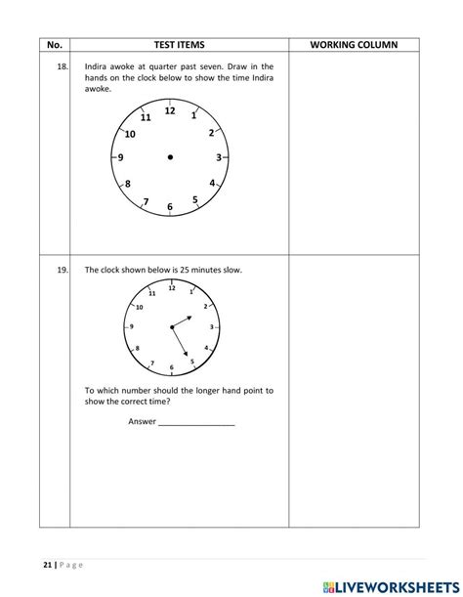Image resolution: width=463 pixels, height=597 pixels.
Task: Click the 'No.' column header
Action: tap(54, 45)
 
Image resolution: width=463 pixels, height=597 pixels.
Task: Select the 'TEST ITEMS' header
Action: tap(179, 45)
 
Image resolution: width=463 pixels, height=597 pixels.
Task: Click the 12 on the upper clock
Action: tap(170, 111)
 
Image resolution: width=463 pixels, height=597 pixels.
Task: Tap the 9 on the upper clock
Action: tap(120, 157)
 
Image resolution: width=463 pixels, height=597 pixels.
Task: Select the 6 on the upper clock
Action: tap(170, 206)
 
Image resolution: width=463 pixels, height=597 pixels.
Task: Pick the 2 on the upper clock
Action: tap(211, 133)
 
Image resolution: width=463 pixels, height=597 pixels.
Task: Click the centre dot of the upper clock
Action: tap(170, 157)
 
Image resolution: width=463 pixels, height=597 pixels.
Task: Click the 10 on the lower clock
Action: tap(139, 307)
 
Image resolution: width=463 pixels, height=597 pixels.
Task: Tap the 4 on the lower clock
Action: tap(205, 347)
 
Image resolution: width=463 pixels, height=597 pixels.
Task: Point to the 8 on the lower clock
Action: tap(137, 348)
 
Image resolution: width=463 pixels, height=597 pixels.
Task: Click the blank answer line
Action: tap(196, 422)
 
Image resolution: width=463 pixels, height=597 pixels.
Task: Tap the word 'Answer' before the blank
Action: tap(142, 421)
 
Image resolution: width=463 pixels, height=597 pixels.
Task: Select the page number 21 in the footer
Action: tap(49, 564)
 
